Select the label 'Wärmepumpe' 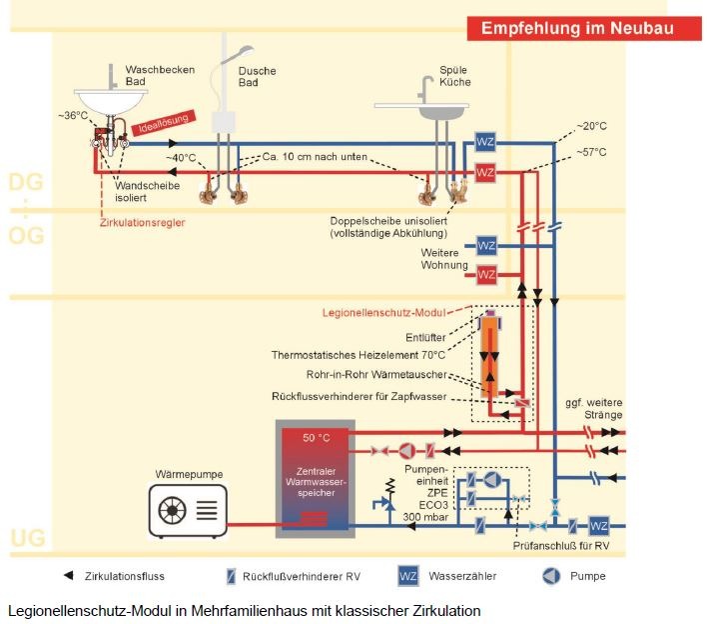pos(187,473)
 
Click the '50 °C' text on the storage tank pos(316,438)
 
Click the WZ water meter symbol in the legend pos(407,576)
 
